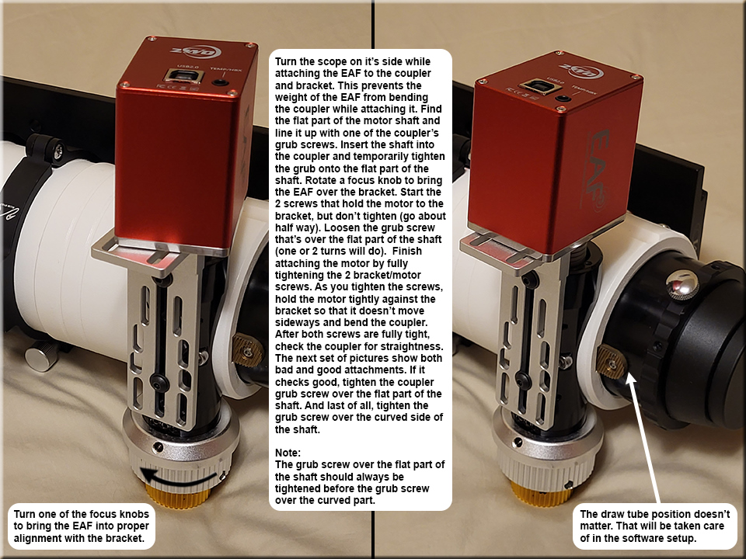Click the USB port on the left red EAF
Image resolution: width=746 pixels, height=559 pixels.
tap(183, 76)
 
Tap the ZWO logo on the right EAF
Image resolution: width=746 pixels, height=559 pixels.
tap(580, 71)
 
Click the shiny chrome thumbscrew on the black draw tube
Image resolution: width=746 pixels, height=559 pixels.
tap(682, 285)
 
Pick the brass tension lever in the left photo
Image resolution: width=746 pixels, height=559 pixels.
tap(248, 351)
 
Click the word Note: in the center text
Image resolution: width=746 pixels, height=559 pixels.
tap(288, 453)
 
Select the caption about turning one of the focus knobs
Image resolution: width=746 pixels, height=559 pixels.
tap(82, 526)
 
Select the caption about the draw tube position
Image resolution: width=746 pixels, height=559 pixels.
tap(654, 526)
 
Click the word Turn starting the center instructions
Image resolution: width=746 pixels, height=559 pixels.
tap(286, 62)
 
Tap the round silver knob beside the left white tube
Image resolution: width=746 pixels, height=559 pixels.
tap(41, 356)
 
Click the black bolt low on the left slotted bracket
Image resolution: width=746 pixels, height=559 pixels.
tap(159, 381)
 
